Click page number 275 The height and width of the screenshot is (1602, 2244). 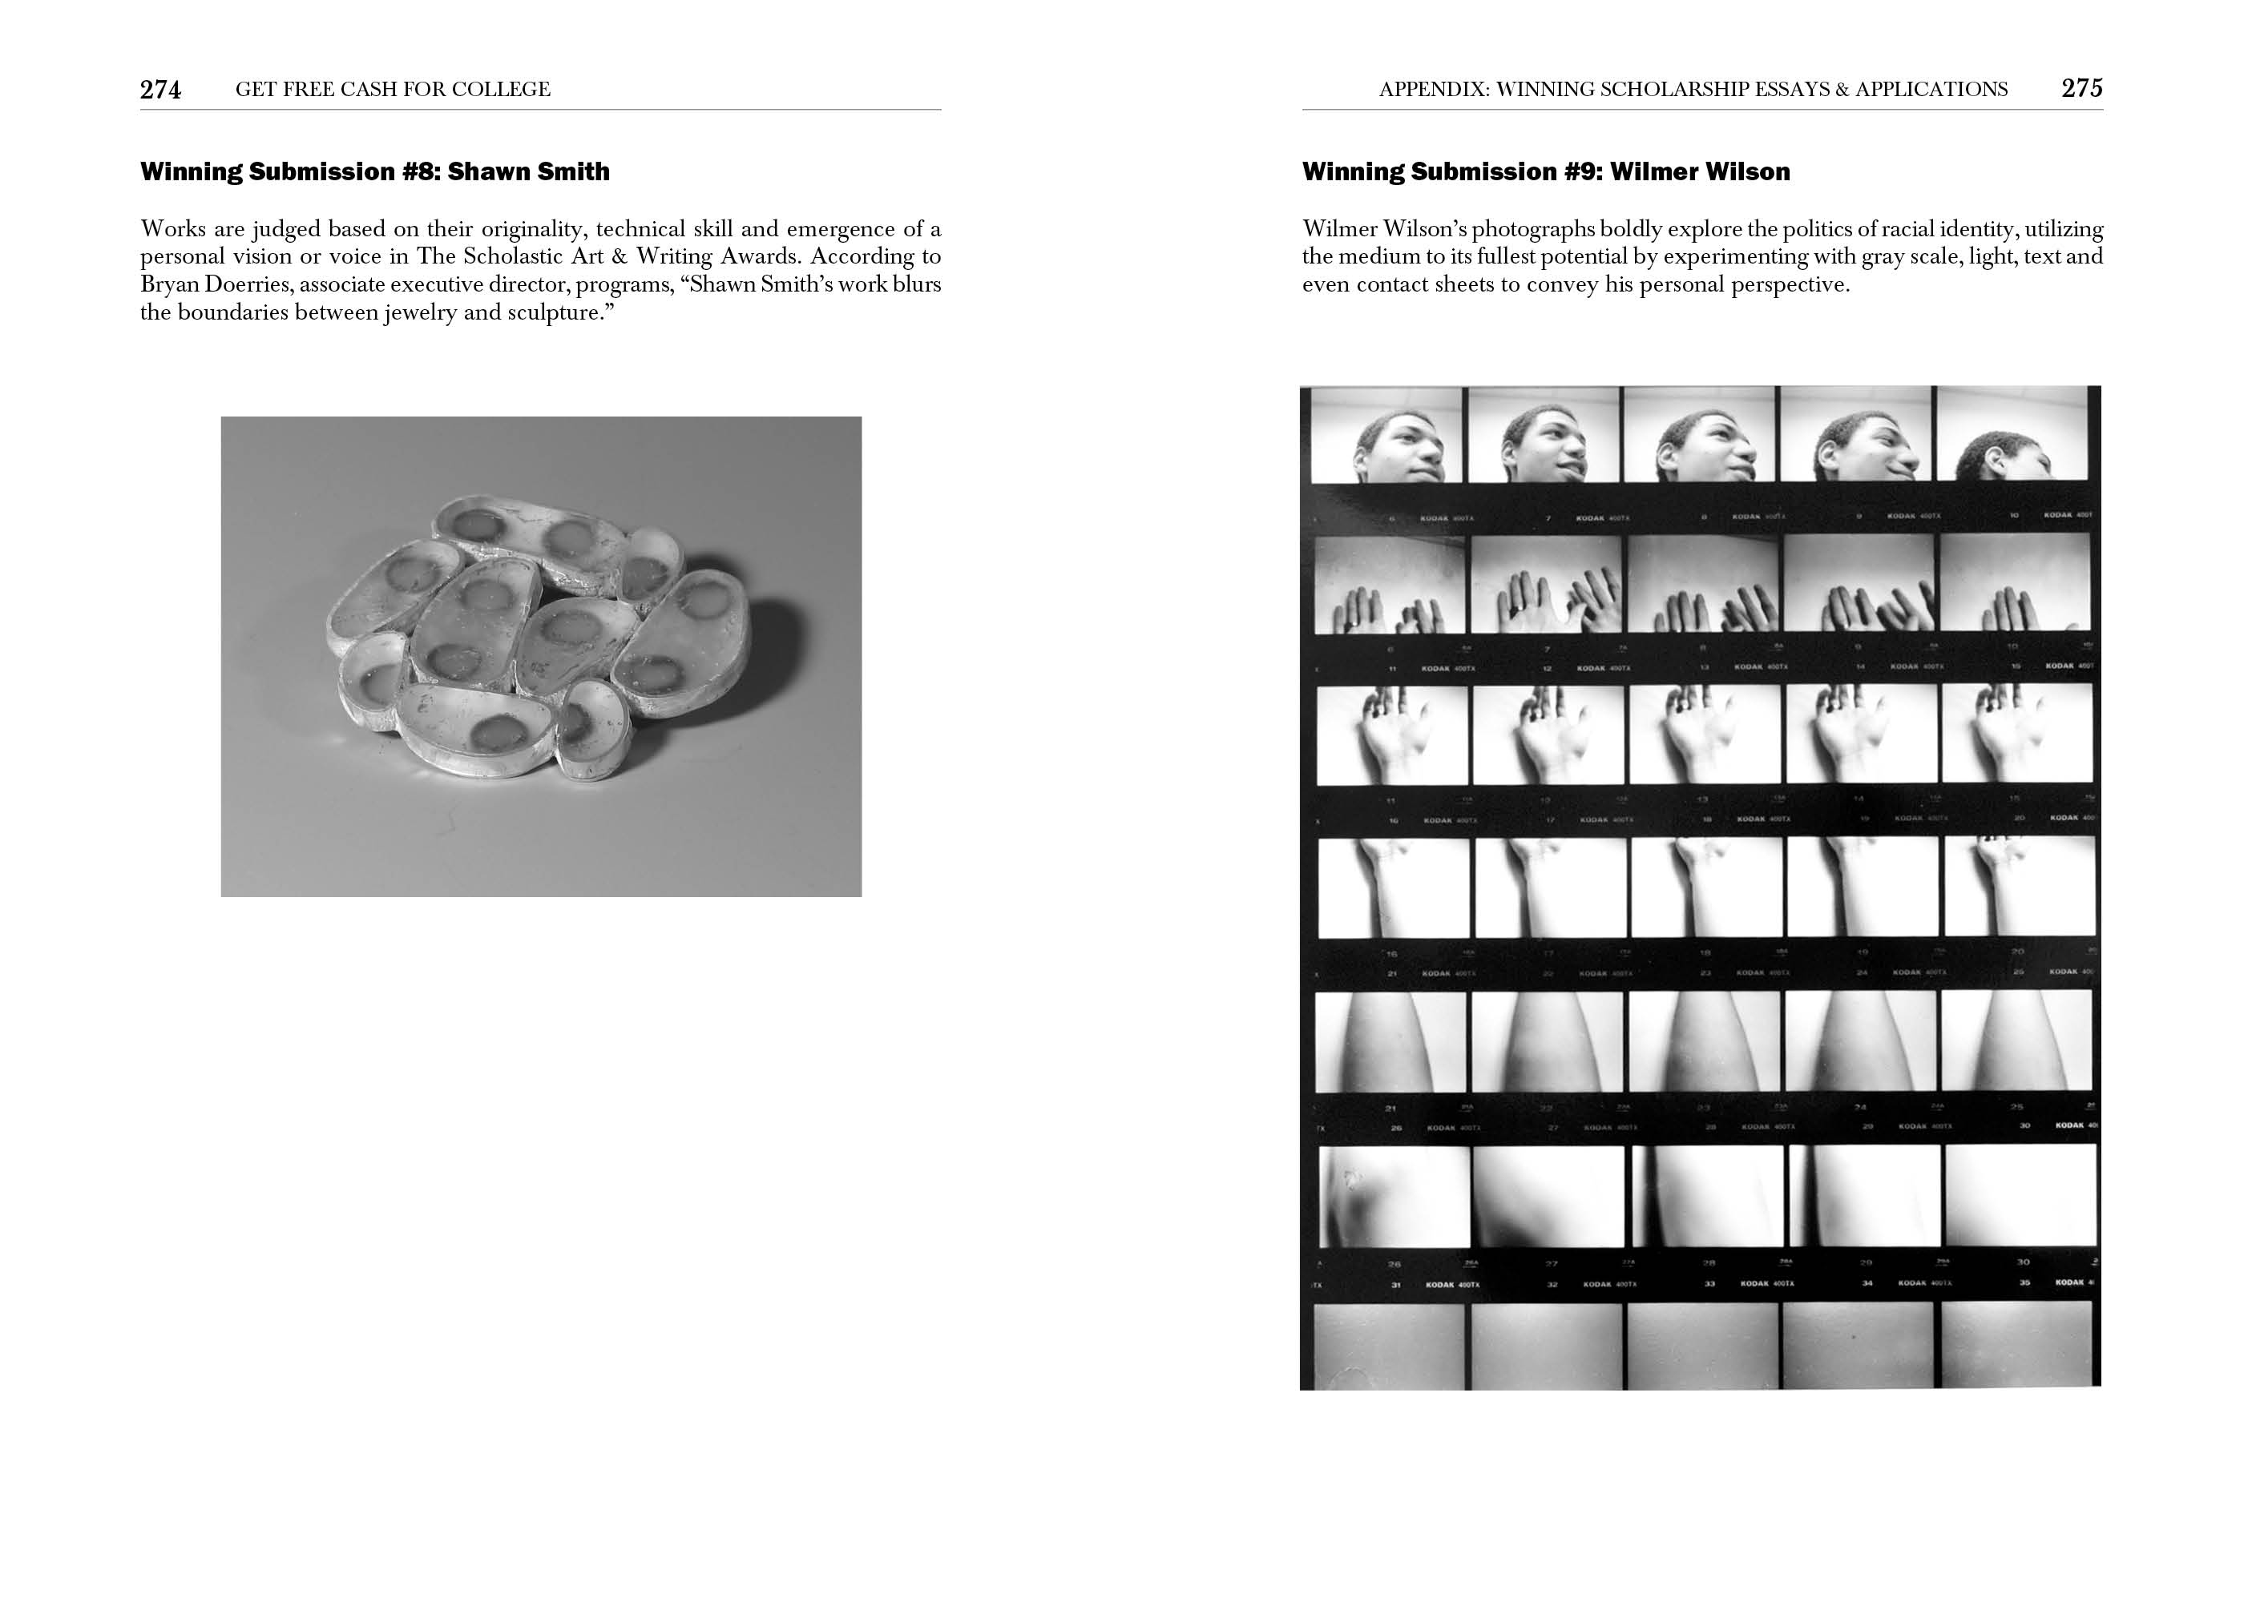(x=2081, y=89)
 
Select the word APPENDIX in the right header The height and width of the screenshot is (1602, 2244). (x=1433, y=90)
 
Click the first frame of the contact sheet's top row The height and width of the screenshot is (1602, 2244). (x=1386, y=435)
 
